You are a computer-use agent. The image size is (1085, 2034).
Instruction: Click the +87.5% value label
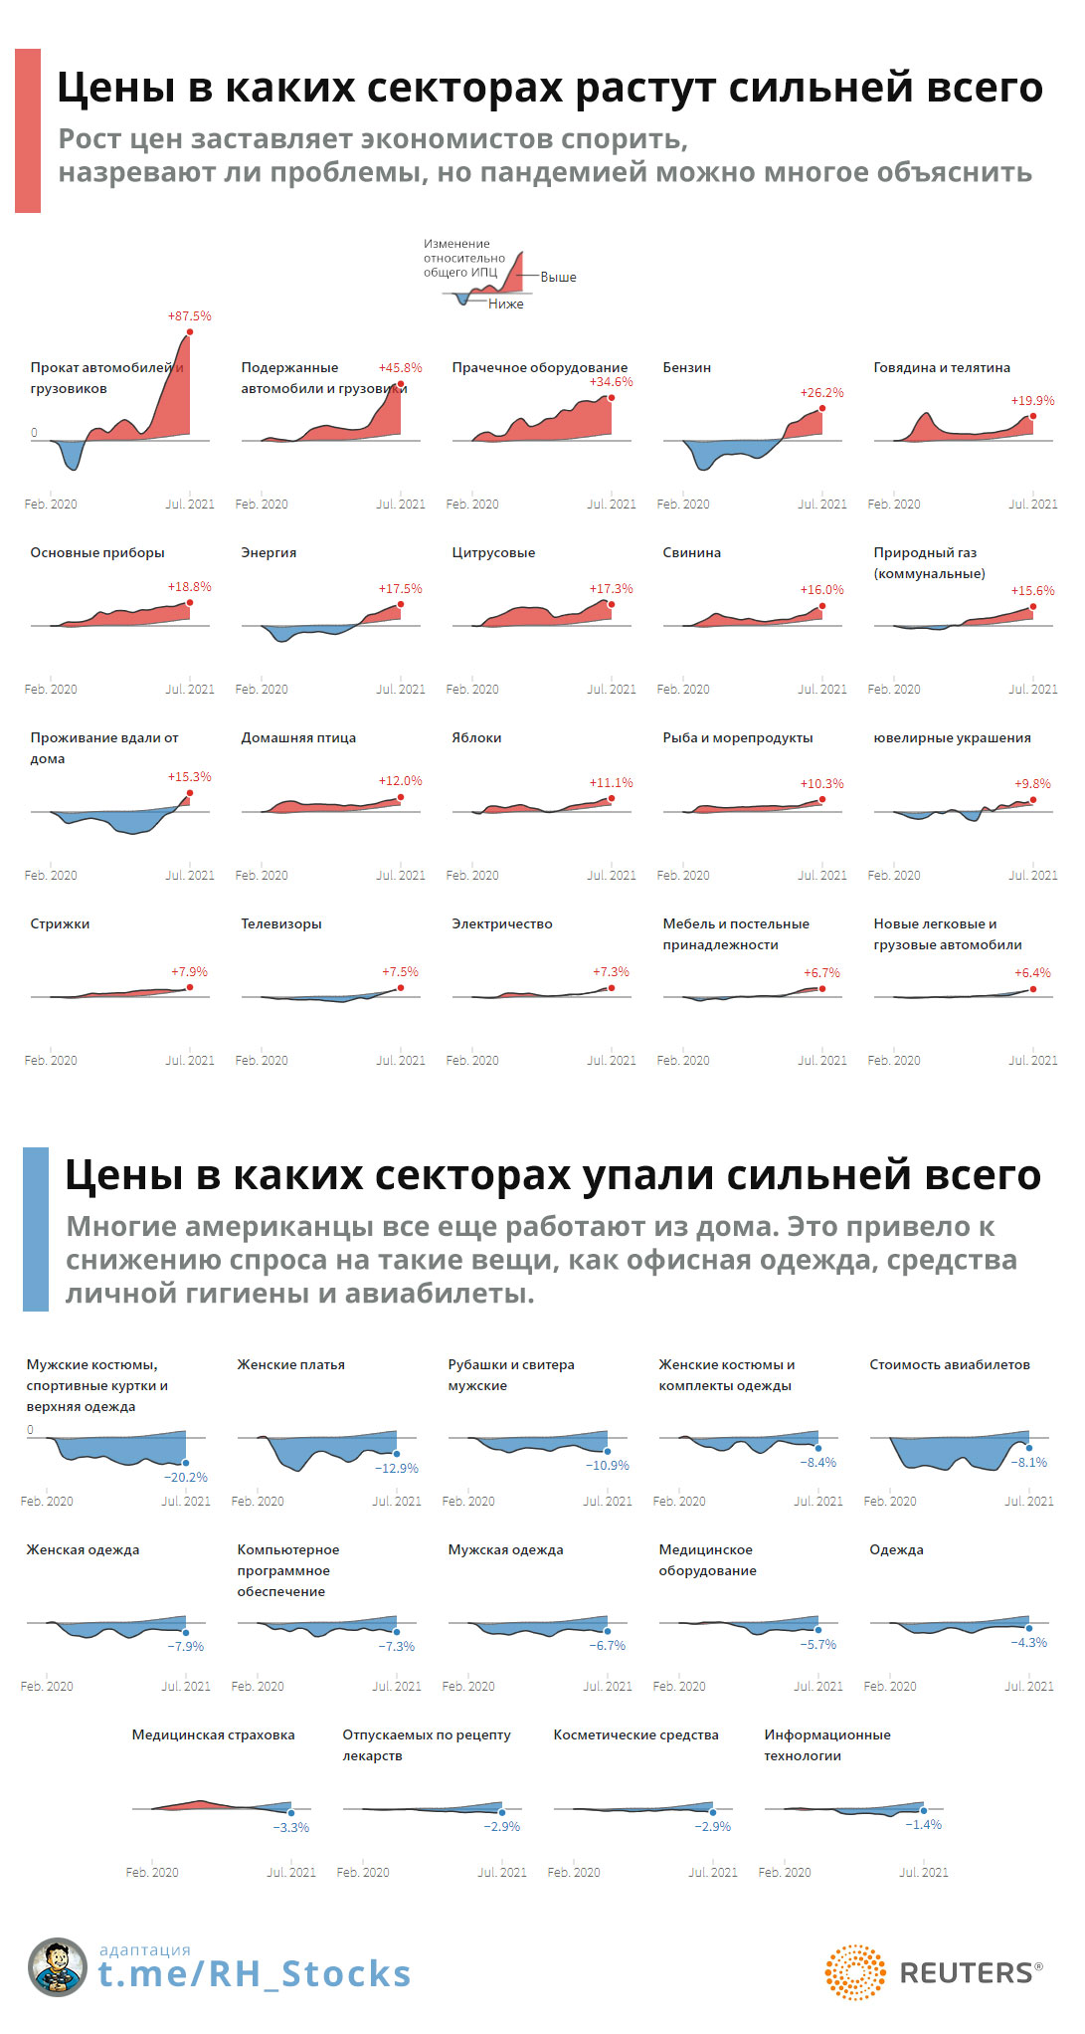click(x=189, y=316)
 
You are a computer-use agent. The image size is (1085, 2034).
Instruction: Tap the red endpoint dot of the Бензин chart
click(x=822, y=409)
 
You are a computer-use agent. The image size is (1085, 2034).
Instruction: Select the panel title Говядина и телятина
click(x=941, y=368)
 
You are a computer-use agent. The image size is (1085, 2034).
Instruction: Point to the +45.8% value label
click(x=400, y=368)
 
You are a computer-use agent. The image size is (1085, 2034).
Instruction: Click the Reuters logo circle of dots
click(x=854, y=1972)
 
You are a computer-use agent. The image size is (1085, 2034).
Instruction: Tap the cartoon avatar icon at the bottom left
click(x=58, y=1967)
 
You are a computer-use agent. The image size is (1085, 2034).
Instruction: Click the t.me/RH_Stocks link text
click(x=254, y=1974)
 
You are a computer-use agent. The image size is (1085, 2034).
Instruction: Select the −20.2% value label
click(x=186, y=1478)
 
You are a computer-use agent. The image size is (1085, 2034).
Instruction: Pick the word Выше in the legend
click(x=558, y=278)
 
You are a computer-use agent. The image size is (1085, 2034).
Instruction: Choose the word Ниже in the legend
click(x=505, y=305)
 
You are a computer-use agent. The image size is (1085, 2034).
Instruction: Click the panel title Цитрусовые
click(x=493, y=553)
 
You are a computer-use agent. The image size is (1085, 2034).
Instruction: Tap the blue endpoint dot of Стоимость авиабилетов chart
click(x=1029, y=1448)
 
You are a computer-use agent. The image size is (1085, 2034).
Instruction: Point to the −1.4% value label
click(x=923, y=1825)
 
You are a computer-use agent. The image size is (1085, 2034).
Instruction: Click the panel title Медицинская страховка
click(x=213, y=1735)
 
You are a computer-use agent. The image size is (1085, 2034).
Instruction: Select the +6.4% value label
click(x=1032, y=973)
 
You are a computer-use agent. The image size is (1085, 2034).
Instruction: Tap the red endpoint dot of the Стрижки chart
click(x=190, y=987)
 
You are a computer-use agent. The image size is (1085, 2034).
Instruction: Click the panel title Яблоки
click(x=476, y=738)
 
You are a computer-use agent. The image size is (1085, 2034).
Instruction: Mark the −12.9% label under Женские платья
click(x=397, y=1469)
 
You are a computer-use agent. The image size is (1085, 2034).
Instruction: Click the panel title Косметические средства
click(x=635, y=1735)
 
